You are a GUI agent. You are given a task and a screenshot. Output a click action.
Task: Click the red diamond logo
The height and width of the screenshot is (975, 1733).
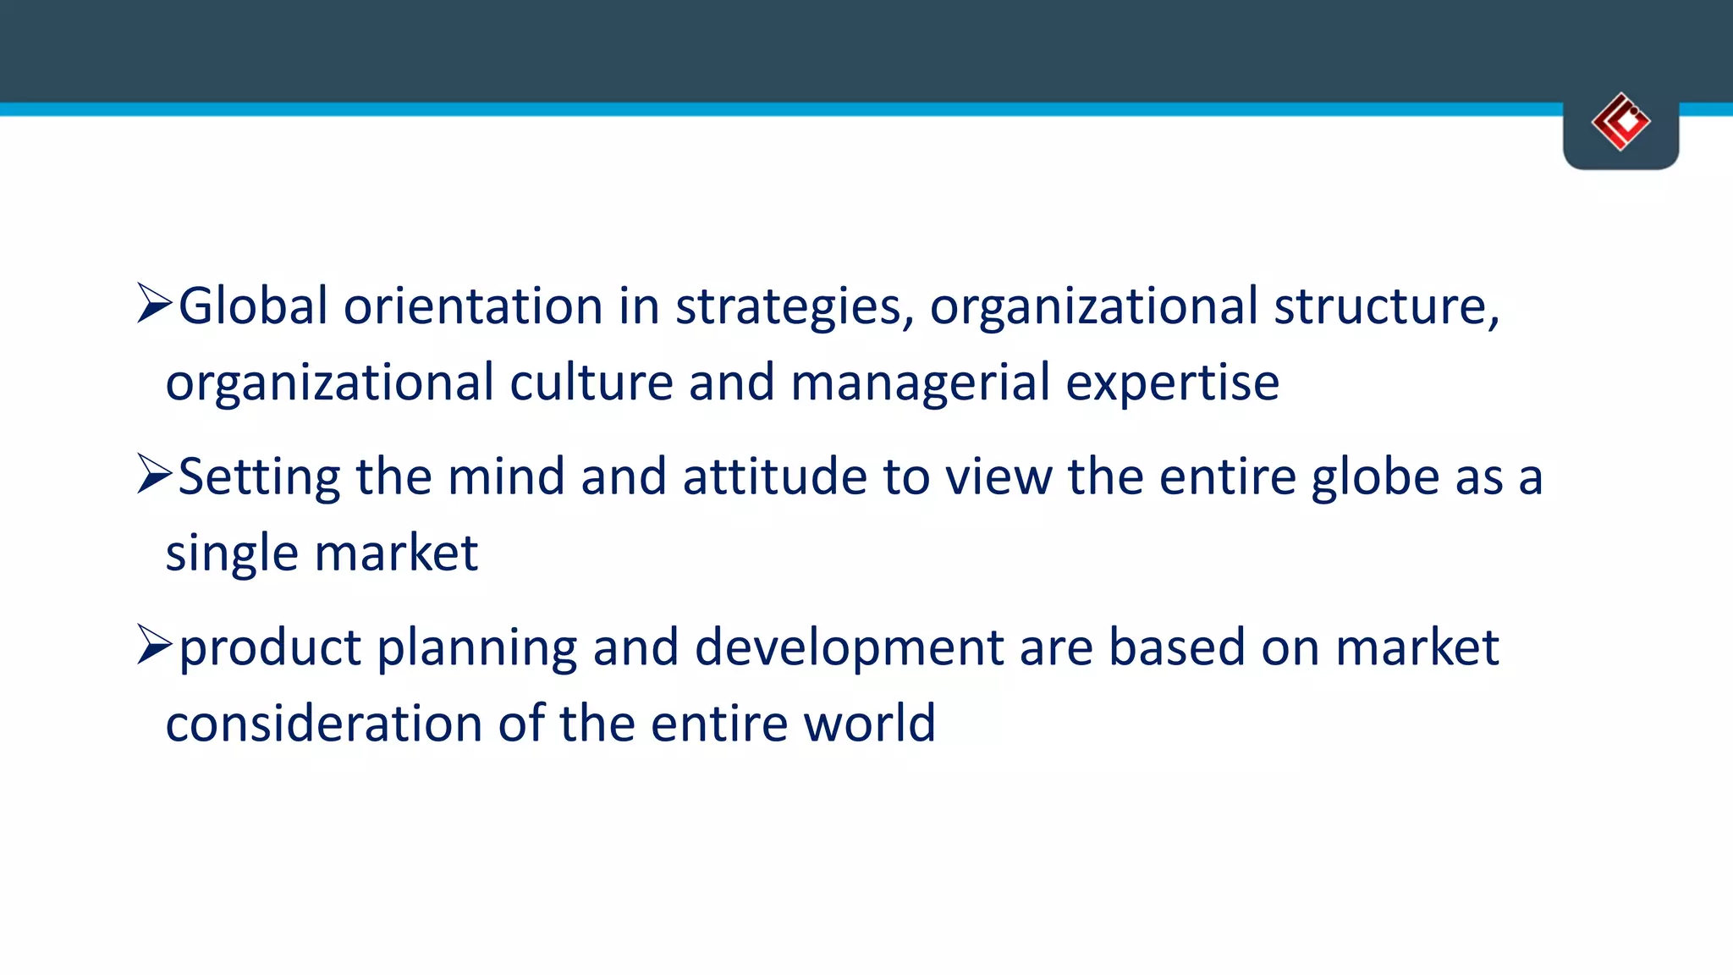[x=1620, y=122]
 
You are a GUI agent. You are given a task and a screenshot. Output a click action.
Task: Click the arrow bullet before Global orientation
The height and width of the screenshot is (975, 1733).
[x=154, y=304]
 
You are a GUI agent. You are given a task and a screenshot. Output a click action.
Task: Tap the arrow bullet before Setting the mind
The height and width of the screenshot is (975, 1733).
[x=154, y=475]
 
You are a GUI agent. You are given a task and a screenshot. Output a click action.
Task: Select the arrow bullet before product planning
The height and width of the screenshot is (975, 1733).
[x=154, y=646]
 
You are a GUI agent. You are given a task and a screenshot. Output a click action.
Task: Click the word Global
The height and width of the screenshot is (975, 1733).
[x=253, y=306]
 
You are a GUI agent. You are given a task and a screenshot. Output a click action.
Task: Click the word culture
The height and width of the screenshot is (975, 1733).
[x=591, y=383]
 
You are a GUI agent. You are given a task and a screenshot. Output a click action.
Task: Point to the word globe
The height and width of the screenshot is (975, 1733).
[x=1375, y=477]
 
